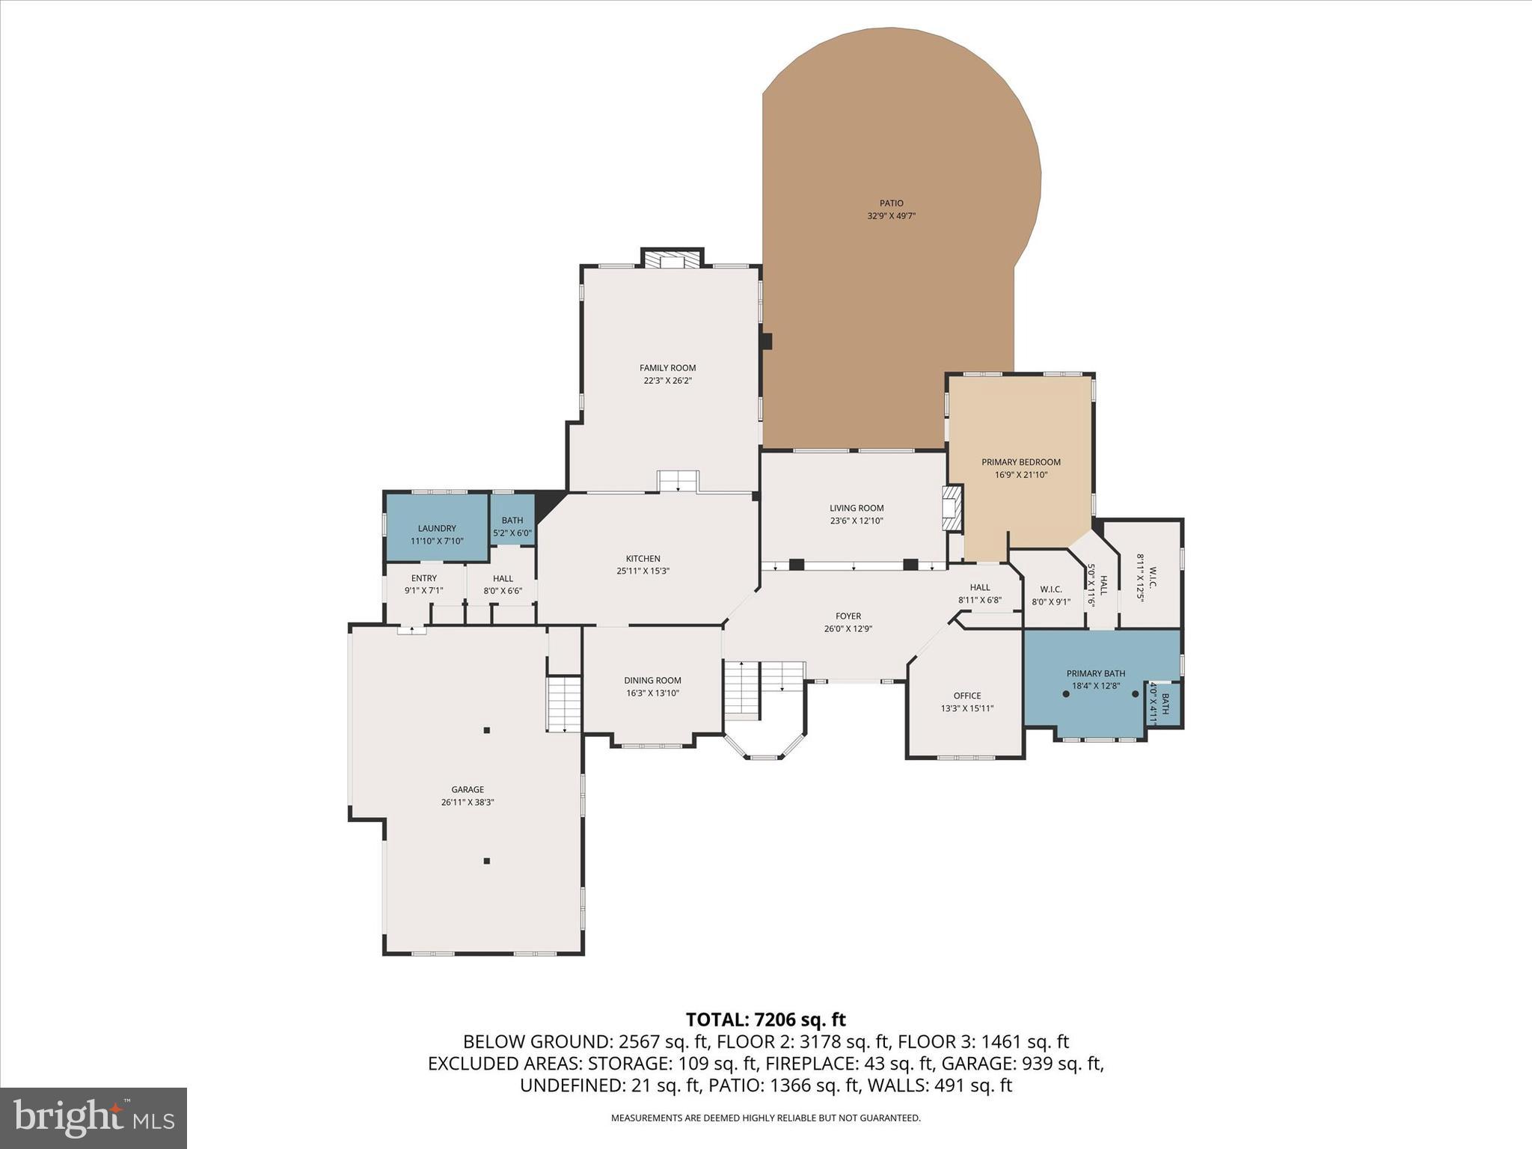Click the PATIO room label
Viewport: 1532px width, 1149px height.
891,203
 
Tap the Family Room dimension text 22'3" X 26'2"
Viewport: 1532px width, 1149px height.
667,380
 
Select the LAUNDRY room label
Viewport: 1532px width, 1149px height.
437,528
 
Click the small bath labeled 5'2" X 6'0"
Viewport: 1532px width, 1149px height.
512,527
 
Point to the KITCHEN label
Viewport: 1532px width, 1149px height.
643,558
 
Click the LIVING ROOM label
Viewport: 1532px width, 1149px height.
857,508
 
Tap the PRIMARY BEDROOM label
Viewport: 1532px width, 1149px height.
1020,462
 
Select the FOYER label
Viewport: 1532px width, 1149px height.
848,616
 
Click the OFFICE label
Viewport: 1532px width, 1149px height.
966,695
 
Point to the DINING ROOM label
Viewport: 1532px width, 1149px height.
652,680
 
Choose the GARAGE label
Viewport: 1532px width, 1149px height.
468,789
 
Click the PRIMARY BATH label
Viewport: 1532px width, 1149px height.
1095,673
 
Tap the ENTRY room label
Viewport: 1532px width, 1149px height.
423,577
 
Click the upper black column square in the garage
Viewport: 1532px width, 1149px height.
486,730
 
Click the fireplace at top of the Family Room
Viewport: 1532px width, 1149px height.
672,260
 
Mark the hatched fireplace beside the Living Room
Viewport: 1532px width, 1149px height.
952,509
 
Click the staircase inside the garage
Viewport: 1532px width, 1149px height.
564,703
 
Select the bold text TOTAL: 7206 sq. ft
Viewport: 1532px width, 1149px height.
765,1019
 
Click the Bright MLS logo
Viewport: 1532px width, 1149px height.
94,1118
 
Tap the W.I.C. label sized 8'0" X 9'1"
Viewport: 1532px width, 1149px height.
1051,589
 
